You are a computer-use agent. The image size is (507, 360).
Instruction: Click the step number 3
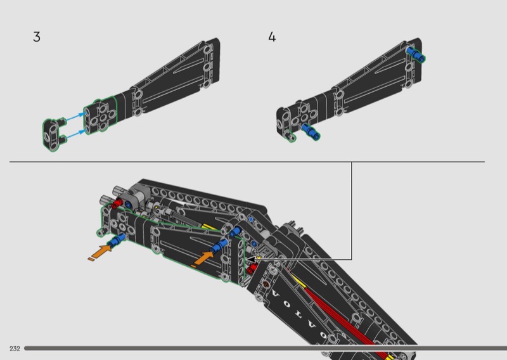(x=37, y=37)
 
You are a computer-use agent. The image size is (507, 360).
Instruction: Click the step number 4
(x=272, y=37)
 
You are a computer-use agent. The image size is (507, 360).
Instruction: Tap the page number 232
(x=15, y=349)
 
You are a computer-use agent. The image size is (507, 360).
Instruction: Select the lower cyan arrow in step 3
(x=75, y=134)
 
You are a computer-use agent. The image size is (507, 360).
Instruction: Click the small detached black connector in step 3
(x=54, y=134)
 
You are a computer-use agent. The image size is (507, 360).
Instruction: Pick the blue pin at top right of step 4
(x=416, y=54)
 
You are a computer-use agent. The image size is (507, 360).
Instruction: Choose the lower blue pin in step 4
(x=311, y=131)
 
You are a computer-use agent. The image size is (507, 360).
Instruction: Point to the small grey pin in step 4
(x=290, y=136)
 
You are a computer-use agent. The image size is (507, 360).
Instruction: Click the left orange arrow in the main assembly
(x=100, y=252)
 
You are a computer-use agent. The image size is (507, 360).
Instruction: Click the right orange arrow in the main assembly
(x=203, y=259)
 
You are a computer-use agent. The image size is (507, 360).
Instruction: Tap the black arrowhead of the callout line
(x=251, y=259)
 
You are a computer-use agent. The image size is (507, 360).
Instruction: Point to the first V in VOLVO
(x=276, y=294)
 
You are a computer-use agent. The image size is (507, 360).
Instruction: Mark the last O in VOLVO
(x=323, y=335)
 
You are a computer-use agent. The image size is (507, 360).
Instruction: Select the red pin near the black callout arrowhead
(x=252, y=268)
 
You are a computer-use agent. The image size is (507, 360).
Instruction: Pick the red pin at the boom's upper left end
(x=117, y=204)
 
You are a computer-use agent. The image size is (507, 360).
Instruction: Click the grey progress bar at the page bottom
(x=266, y=349)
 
